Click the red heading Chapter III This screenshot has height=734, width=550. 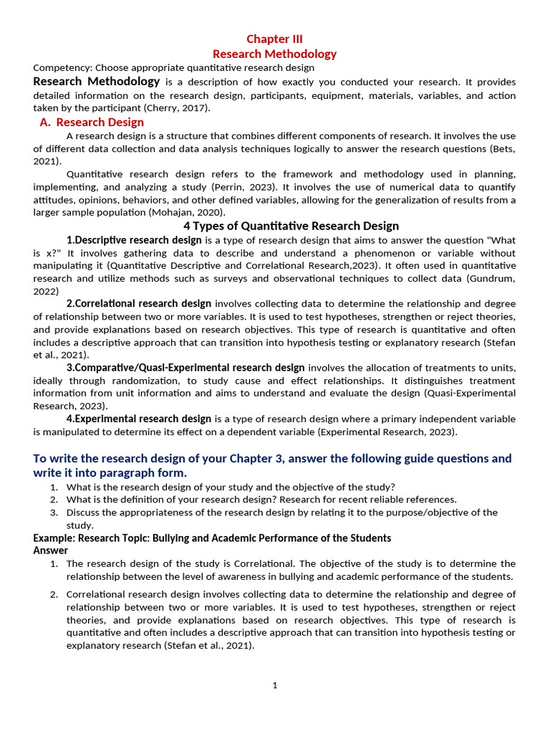pyautogui.click(x=274, y=39)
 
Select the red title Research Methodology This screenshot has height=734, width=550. pyautogui.click(x=274, y=54)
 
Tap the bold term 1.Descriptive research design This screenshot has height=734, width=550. pyautogui.click(x=134, y=240)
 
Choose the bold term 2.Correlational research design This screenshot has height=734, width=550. pyautogui.click(x=139, y=303)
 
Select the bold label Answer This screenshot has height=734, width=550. pyautogui.click(x=51, y=550)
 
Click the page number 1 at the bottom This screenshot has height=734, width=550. pyautogui.click(x=274, y=685)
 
